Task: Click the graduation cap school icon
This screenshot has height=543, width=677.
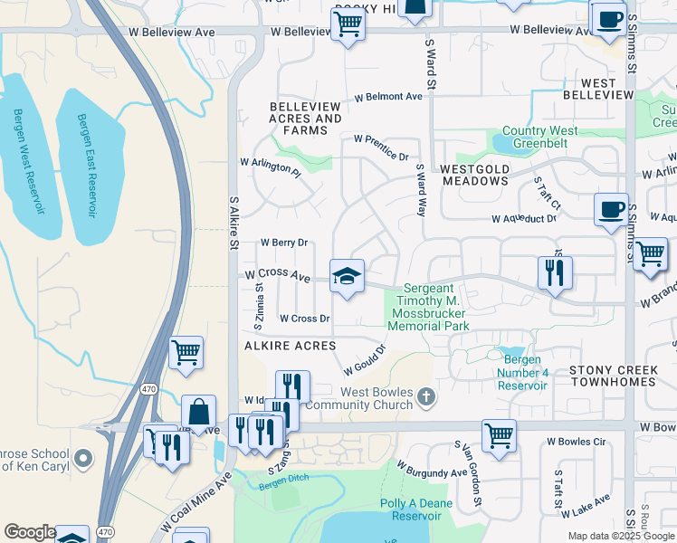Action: [x=347, y=275]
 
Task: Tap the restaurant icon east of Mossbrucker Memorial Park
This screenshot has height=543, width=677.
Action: [x=555, y=271]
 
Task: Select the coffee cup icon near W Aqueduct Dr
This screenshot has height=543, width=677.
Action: [x=611, y=209]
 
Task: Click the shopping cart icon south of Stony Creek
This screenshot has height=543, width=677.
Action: [x=499, y=435]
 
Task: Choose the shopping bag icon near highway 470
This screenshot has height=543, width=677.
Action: [x=198, y=411]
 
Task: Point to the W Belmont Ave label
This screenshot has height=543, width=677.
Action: [x=388, y=97]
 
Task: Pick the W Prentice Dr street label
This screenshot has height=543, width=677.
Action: [x=381, y=148]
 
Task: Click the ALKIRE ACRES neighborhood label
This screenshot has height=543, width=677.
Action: [x=289, y=346]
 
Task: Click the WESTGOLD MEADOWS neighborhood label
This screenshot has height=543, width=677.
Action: [x=475, y=175]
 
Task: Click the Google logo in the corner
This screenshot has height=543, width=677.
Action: [x=29, y=533]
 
